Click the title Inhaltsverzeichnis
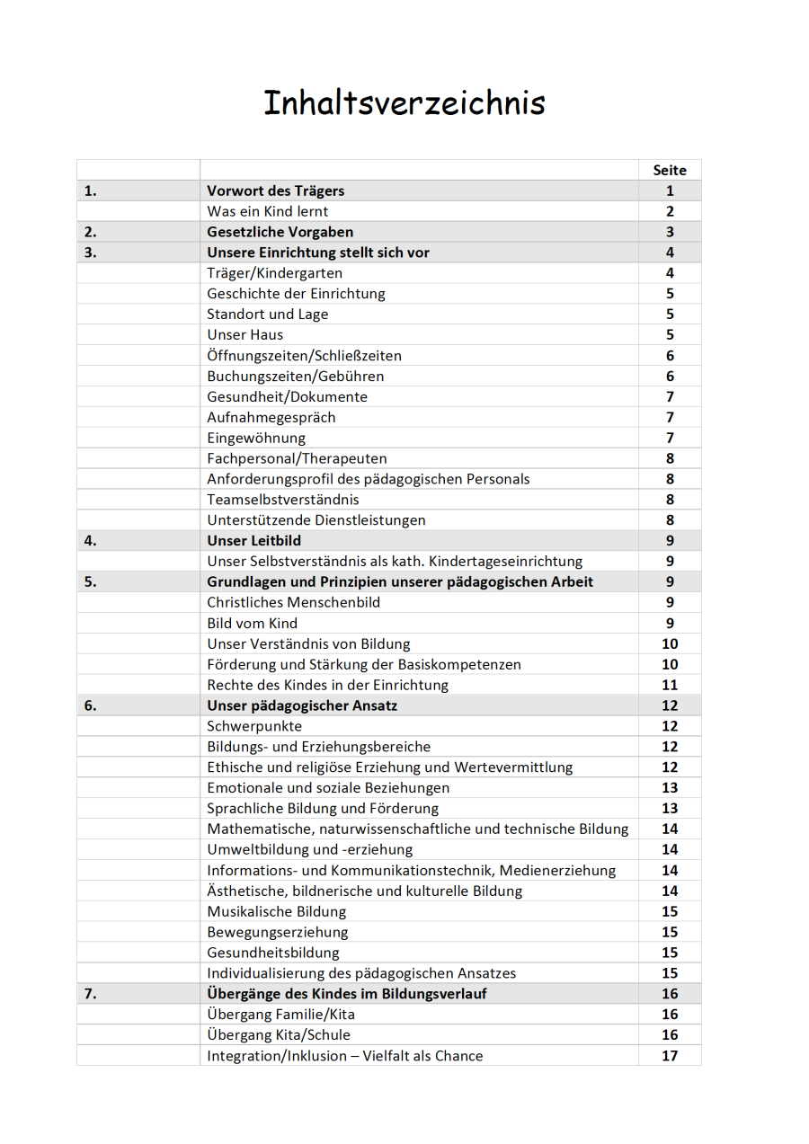point(404,102)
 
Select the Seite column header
point(670,170)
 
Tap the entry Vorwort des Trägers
point(275,191)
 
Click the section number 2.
point(90,232)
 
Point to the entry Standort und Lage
point(267,315)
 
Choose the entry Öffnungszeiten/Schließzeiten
point(304,356)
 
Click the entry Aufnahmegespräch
point(271,417)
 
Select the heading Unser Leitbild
point(253,541)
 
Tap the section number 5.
point(90,581)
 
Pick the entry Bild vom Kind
point(252,623)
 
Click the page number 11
point(670,685)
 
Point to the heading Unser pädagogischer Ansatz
point(302,705)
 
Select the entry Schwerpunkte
point(254,726)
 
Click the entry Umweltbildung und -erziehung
point(309,849)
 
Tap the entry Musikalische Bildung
point(276,911)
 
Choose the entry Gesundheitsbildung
point(272,953)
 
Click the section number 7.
point(90,994)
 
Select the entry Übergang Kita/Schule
point(279,1035)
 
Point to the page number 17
point(670,1056)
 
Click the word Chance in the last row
point(458,1056)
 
